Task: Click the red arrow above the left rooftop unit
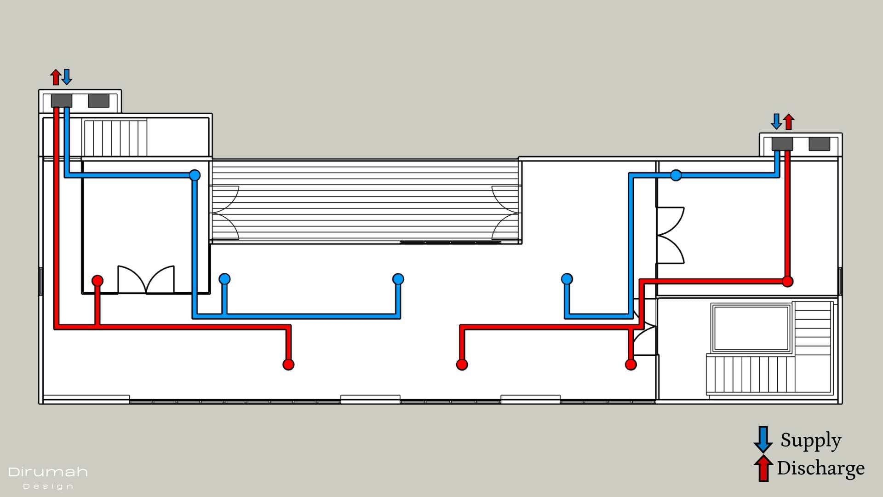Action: (56, 77)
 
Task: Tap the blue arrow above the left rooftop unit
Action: (67, 77)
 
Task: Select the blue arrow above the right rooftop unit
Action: (776, 121)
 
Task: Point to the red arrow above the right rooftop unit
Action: (789, 121)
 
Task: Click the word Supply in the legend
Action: (811, 440)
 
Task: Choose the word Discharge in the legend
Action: (820, 468)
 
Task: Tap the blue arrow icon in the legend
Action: (763, 439)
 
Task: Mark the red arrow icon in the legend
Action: (763, 468)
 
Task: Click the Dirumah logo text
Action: (48, 472)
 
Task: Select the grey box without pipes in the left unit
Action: (98, 101)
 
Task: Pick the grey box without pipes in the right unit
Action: (819, 144)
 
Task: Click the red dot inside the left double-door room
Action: (97, 280)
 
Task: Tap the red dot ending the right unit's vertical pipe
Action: (787, 281)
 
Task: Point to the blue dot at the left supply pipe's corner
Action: (195, 175)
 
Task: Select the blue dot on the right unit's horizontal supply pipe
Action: (676, 175)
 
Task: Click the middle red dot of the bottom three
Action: (462, 364)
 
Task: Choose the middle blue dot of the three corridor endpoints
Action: (398, 279)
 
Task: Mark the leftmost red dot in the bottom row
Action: (288, 364)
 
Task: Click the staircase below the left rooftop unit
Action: (115, 138)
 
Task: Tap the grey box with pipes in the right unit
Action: (782, 144)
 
